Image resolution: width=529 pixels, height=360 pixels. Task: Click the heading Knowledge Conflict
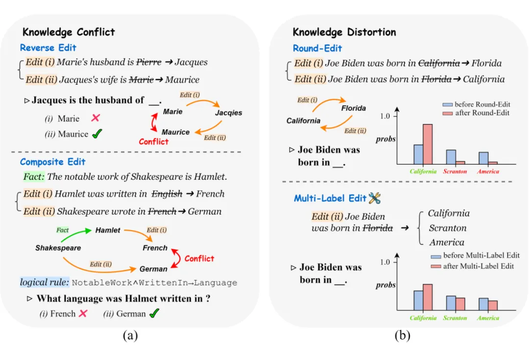[x=69, y=32]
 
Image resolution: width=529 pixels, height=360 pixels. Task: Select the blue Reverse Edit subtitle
[x=48, y=48]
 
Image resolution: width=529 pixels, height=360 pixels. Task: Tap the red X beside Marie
[x=96, y=118]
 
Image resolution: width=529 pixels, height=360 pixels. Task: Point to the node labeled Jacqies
[x=228, y=113]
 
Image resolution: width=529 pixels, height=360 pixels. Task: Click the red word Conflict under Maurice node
[x=153, y=142]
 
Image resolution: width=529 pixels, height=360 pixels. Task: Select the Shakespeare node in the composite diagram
[x=58, y=248]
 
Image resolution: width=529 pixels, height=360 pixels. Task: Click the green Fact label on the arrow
[x=63, y=230]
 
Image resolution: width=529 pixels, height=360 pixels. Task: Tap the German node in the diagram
[x=153, y=269]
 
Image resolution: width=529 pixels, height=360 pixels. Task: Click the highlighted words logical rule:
[x=44, y=283]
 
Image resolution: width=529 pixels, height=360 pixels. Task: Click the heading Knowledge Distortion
[x=344, y=32]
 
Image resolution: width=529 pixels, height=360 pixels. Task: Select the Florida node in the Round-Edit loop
[x=353, y=108]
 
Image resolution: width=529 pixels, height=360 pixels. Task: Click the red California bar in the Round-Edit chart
[x=428, y=144]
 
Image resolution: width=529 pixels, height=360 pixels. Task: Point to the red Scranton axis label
[x=455, y=171]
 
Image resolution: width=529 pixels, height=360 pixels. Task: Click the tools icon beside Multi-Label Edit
[x=375, y=198]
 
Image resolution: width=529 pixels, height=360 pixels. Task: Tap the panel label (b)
[x=403, y=336]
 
